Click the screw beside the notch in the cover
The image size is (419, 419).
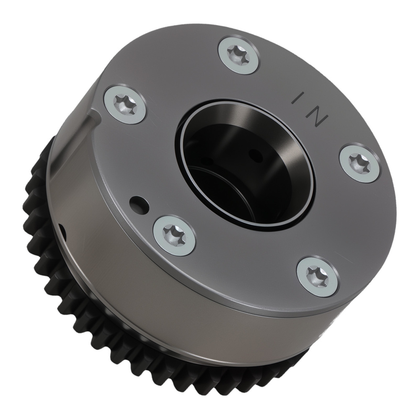(x=124, y=104)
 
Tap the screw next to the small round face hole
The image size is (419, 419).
(x=174, y=235)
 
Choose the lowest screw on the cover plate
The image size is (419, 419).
(x=318, y=277)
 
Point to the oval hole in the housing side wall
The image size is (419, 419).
(x=62, y=229)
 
